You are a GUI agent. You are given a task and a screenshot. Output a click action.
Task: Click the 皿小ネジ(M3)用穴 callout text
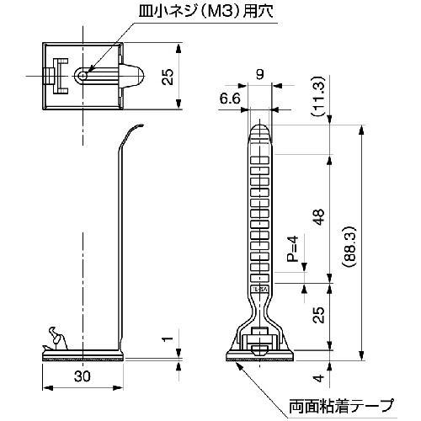tap(206, 12)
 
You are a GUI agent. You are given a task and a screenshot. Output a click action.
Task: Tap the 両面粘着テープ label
tap(341, 405)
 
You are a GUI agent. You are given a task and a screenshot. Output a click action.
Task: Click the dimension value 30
tap(83, 376)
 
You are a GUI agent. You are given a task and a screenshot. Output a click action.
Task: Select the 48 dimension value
tap(319, 217)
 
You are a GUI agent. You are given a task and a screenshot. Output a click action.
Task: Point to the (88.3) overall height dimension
tap(350, 246)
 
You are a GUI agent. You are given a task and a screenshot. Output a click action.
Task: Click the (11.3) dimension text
tap(319, 96)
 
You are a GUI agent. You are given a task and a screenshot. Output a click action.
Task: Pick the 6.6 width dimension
tap(230, 99)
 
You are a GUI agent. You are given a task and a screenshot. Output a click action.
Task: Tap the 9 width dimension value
tap(260, 74)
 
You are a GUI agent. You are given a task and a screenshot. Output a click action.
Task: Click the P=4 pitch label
tap(292, 248)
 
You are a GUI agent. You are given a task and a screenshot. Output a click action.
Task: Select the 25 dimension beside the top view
tap(168, 77)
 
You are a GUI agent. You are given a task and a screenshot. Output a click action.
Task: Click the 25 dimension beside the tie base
tap(319, 315)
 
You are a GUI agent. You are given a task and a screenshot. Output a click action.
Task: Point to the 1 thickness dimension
tap(168, 338)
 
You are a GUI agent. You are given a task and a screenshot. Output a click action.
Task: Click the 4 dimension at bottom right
tap(319, 378)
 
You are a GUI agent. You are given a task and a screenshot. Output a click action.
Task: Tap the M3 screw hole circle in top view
tap(83, 76)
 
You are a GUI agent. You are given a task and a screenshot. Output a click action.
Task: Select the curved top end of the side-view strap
tap(132, 133)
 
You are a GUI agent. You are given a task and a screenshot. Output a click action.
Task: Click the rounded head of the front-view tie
tap(260, 132)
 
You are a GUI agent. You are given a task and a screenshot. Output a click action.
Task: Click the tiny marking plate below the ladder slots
tap(260, 290)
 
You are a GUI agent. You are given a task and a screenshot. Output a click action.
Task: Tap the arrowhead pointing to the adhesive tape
tap(238, 365)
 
